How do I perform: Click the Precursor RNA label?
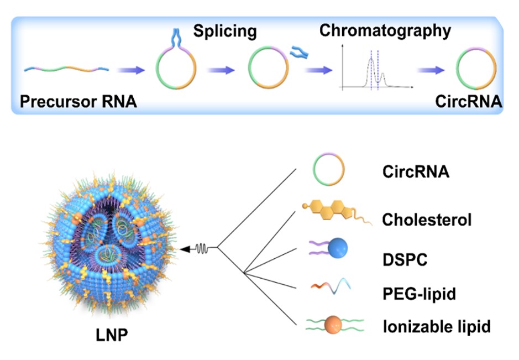point(78,101)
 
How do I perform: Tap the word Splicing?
point(225,32)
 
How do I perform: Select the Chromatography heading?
point(385,31)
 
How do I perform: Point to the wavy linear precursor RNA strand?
point(66,69)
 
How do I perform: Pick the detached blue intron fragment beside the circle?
point(299,53)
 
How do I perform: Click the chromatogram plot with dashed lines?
point(376,68)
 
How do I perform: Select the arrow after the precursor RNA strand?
point(131,70)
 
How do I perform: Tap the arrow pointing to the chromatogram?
point(318,70)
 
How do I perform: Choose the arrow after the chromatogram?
point(431,70)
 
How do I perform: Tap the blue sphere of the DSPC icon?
point(338,248)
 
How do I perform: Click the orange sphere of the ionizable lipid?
point(333,325)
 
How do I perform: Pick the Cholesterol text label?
point(427,220)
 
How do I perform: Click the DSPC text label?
point(405,260)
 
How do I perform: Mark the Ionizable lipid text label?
point(437,327)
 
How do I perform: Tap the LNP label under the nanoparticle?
point(112,335)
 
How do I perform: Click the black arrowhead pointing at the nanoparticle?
point(185,249)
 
